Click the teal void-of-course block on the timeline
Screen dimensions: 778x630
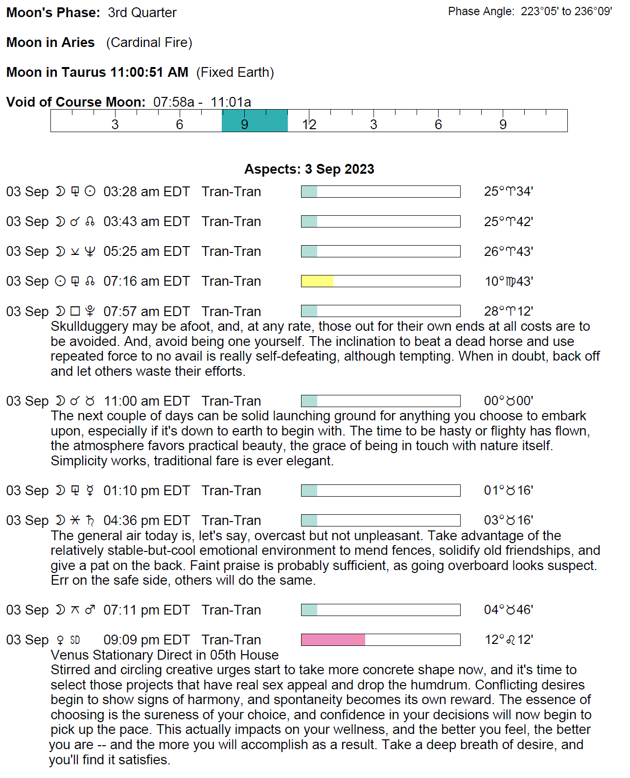pos(255,121)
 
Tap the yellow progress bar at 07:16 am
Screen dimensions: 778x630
pos(317,281)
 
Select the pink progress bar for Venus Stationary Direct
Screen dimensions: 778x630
pos(333,640)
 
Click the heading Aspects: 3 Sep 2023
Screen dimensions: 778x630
pos(309,169)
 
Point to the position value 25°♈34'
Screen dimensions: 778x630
pos(508,191)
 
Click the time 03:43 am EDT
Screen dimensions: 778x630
pos(146,222)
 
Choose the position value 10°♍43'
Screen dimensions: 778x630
pos(509,281)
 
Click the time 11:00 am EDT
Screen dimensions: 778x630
pos(146,401)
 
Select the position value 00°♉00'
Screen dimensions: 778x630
pos(508,401)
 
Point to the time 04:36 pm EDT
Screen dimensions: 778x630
pos(146,521)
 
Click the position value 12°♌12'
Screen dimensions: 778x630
pos(509,640)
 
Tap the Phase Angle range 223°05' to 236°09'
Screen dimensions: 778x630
pos(566,11)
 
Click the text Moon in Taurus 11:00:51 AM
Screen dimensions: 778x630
pos(97,72)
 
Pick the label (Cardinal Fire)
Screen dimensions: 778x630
pos(149,43)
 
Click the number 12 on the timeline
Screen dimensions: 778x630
pos(309,124)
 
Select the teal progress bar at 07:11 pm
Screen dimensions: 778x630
pos(309,610)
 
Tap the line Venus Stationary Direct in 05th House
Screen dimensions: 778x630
pos(164,655)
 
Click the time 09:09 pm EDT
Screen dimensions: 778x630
pos(146,640)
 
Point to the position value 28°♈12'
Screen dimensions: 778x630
pos(508,311)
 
